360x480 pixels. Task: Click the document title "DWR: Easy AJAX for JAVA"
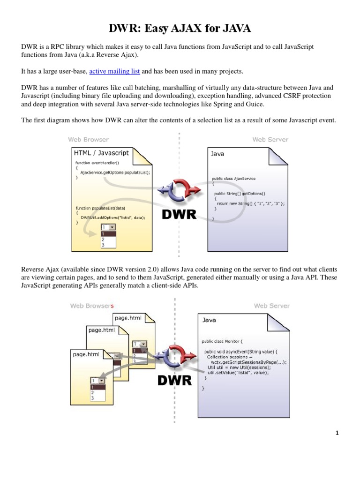click(x=180, y=29)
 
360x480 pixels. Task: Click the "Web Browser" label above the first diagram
click(x=88, y=139)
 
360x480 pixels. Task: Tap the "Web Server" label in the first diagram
click(x=270, y=139)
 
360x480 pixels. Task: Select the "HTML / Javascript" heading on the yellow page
click(x=101, y=153)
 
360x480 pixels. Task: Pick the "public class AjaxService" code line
click(x=234, y=179)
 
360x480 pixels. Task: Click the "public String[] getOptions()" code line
click(x=240, y=193)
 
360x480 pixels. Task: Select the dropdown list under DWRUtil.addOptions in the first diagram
click(x=109, y=236)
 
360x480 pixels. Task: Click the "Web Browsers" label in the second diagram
click(x=91, y=306)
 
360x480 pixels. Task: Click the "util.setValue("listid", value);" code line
click(x=238, y=373)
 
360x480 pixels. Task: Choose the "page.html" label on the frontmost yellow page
click(x=86, y=354)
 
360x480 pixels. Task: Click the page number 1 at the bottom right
click(x=337, y=433)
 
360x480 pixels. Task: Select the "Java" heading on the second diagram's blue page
click(x=209, y=320)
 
